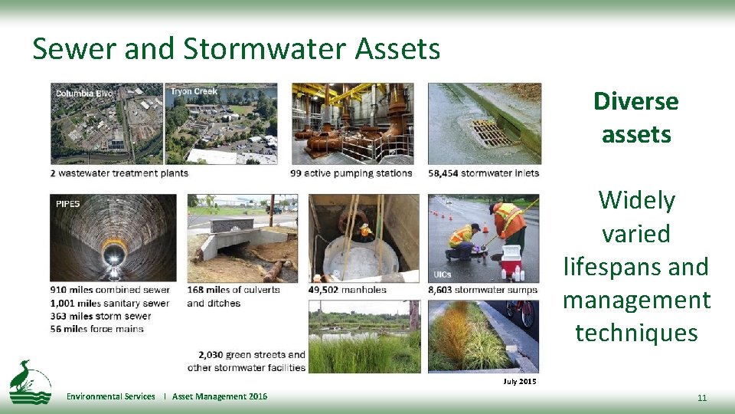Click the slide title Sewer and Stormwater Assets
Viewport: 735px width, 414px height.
[236, 49]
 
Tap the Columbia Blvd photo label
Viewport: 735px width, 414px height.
[84, 94]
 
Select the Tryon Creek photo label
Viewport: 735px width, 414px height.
[194, 92]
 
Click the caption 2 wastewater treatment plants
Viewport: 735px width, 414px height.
[119, 173]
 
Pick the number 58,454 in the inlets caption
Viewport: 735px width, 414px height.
[443, 173]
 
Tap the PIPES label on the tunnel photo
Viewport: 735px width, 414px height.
[67, 204]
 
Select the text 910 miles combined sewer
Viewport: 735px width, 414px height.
[109, 290]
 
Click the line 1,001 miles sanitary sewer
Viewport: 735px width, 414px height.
[109, 303]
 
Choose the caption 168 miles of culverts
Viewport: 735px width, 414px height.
[234, 290]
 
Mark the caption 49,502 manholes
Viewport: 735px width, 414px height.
[347, 290]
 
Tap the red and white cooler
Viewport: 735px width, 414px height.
[511, 263]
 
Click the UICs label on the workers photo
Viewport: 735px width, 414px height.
[443, 274]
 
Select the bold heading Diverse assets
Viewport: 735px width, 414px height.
[635, 117]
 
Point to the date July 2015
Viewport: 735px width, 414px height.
[520, 381]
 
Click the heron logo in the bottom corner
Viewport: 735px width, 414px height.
[30, 382]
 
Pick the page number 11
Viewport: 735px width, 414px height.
[701, 398]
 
